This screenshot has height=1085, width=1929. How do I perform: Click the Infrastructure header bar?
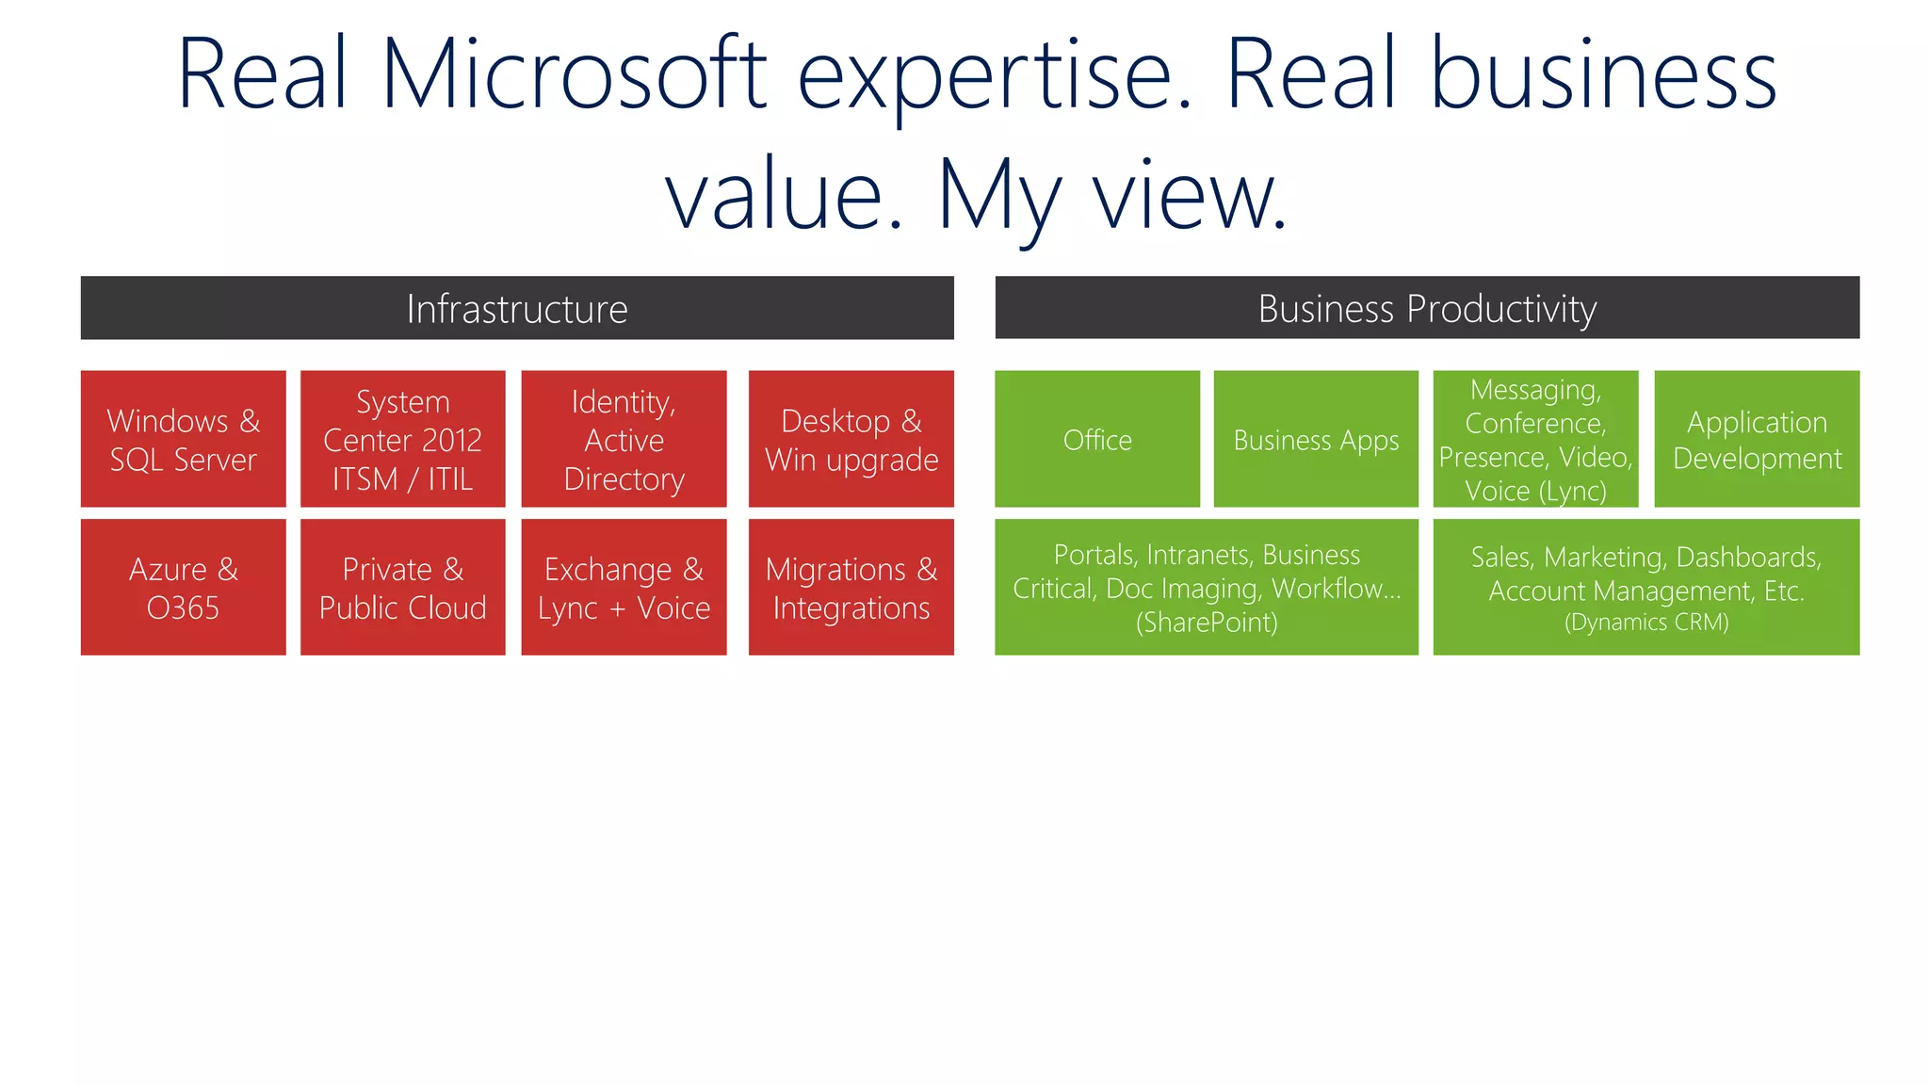517,308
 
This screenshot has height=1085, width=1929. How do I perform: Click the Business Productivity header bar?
1427,308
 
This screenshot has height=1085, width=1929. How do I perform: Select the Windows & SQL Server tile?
184,439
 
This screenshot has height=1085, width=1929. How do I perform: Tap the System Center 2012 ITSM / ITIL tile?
403,439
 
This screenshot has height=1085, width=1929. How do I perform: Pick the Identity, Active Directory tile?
624,439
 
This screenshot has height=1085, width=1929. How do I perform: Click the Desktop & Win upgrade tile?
851,439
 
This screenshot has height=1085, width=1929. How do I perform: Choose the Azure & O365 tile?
184,588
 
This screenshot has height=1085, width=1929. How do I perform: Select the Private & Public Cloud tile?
403,588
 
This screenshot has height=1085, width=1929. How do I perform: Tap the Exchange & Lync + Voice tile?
624,588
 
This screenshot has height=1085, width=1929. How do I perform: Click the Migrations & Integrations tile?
851,588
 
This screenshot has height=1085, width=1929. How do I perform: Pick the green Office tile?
1097,440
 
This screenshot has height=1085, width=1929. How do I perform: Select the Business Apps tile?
1316,440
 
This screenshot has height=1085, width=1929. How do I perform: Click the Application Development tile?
1757,440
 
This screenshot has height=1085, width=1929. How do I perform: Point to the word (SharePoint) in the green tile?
1207,623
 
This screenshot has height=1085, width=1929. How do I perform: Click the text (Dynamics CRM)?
1646,623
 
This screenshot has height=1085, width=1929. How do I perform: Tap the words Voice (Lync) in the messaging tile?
1535,491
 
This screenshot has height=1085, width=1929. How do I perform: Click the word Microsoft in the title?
574,75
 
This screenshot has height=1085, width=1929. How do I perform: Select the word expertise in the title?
995,75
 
